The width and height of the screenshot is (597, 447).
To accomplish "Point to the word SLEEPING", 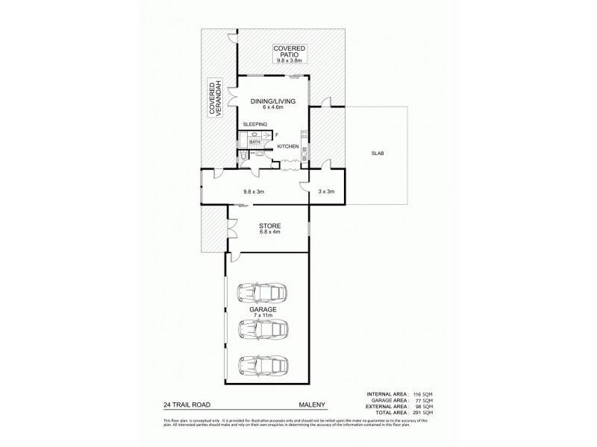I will (x=254, y=124).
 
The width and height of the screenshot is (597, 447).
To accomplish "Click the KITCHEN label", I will (x=288, y=147).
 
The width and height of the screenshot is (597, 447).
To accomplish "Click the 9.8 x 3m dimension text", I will (x=254, y=191).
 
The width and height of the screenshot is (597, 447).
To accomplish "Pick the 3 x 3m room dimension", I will (x=326, y=191).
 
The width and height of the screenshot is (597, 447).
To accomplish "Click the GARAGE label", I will (x=263, y=308).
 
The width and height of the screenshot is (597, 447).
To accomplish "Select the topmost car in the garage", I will (x=257, y=291).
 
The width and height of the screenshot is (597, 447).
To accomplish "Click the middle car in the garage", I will (x=257, y=328).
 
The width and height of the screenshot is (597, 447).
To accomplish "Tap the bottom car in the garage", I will (x=257, y=365).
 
